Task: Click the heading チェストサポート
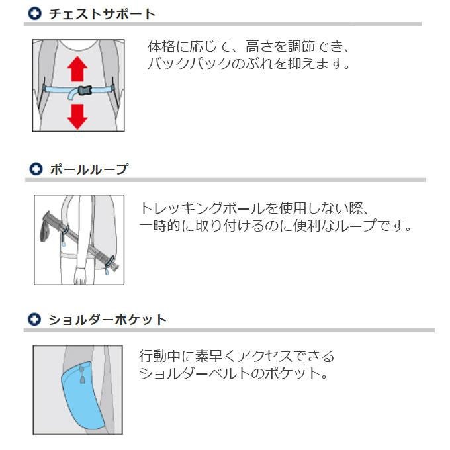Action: pyautogui.click(x=102, y=14)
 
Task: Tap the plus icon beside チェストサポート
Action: pyautogui.click(x=35, y=13)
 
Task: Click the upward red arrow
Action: pyautogui.click(x=77, y=69)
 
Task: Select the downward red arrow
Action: pyautogui.click(x=77, y=117)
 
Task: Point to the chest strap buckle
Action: pyautogui.click(x=85, y=91)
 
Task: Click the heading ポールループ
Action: pyautogui.click(x=89, y=169)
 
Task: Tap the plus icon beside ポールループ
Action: pyautogui.click(x=36, y=169)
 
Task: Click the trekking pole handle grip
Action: pyautogui.click(x=51, y=223)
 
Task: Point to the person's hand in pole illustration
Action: pyautogui.click(x=80, y=276)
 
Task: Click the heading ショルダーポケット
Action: pyautogui.click(x=108, y=320)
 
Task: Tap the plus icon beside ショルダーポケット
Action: pyautogui.click(x=34, y=320)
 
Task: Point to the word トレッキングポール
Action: pyautogui.click(x=202, y=208)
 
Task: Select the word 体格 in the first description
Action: pyautogui.click(x=161, y=46)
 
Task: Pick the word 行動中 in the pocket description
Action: pyautogui.click(x=160, y=357)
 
